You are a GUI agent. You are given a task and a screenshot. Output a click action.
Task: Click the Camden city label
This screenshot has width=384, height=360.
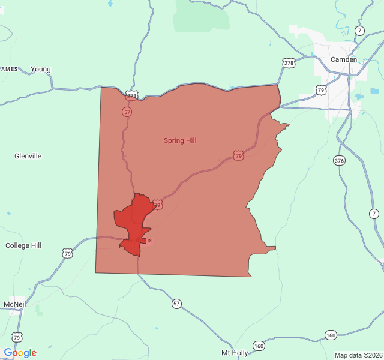pyautogui.click(x=344, y=59)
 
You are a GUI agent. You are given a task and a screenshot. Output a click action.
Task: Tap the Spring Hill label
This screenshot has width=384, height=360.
pyautogui.click(x=180, y=140)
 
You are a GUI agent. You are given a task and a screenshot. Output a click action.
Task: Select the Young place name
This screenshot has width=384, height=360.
pyautogui.click(x=41, y=69)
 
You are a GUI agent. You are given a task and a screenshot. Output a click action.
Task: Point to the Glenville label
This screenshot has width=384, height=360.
pyautogui.click(x=28, y=156)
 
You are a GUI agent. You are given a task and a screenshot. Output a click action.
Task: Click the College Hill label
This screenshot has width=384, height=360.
pyautogui.click(x=23, y=245)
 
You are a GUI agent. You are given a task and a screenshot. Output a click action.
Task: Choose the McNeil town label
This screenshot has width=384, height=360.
pyautogui.click(x=14, y=304)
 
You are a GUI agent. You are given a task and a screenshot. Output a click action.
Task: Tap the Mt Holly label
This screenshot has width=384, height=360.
pyautogui.click(x=235, y=352)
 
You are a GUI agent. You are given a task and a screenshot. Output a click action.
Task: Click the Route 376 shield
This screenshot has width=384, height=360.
pyautogui.click(x=340, y=160)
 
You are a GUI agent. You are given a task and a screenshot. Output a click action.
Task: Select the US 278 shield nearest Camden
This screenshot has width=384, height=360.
pyautogui.click(x=289, y=62)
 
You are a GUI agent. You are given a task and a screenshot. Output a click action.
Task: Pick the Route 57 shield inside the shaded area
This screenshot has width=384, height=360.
pyautogui.click(x=127, y=112)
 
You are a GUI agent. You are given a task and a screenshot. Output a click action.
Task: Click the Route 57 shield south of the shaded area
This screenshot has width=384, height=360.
pyautogui.click(x=176, y=304)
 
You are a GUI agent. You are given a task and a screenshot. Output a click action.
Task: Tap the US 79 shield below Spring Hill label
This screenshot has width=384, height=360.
pyautogui.click(x=239, y=155)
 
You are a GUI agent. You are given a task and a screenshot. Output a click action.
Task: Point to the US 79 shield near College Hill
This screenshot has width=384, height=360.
pyautogui.click(x=67, y=253)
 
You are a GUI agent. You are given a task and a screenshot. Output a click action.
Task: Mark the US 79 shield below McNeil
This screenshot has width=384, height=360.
pyautogui.click(x=17, y=337)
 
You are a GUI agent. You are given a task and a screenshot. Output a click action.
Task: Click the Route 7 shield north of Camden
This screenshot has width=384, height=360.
pyautogui.click(x=359, y=31)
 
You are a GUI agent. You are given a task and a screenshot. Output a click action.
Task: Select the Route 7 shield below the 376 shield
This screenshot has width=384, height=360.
pyautogui.click(x=374, y=214)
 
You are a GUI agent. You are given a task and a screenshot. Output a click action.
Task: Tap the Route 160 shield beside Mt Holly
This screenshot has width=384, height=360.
pyautogui.click(x=259, y=346)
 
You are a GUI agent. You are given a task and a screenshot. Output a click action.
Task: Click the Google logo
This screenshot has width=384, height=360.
pyautogui.click(x=20, y=353)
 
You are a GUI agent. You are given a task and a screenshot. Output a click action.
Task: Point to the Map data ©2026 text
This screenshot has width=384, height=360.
pyautogui.click(x=358, y=355)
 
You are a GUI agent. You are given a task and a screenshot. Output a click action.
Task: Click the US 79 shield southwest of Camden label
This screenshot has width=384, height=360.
pyautogui.click(x=321, y=90)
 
